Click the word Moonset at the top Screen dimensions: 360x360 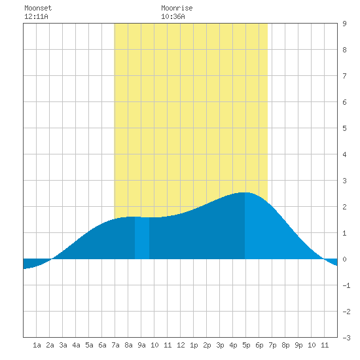(38, 8)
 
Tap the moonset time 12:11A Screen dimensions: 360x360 (36, 16)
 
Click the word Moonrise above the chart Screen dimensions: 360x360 (177, 8)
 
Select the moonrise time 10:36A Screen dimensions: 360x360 (173, 16)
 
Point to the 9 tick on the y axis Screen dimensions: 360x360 (344, 24)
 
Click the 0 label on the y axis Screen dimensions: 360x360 (344, 259)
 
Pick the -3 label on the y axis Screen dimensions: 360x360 (346, 338)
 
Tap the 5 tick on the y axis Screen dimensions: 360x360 (344, 128)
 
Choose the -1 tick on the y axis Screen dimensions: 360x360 (346, 285)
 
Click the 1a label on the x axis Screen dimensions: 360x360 (37, 345)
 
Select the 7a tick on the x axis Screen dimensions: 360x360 (115, 345)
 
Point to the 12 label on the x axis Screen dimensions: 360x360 (181, 345)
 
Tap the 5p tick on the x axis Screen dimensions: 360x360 (246, 345)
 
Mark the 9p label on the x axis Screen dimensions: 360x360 (298, 345)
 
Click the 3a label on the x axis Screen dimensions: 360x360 (63, 345)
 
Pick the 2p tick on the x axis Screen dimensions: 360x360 (207, 345)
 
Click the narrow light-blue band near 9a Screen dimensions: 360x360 (142, 238)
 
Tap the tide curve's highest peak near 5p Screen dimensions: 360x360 (245, 192)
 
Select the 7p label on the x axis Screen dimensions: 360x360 (272, 345)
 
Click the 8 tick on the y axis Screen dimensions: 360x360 (344, 50)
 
